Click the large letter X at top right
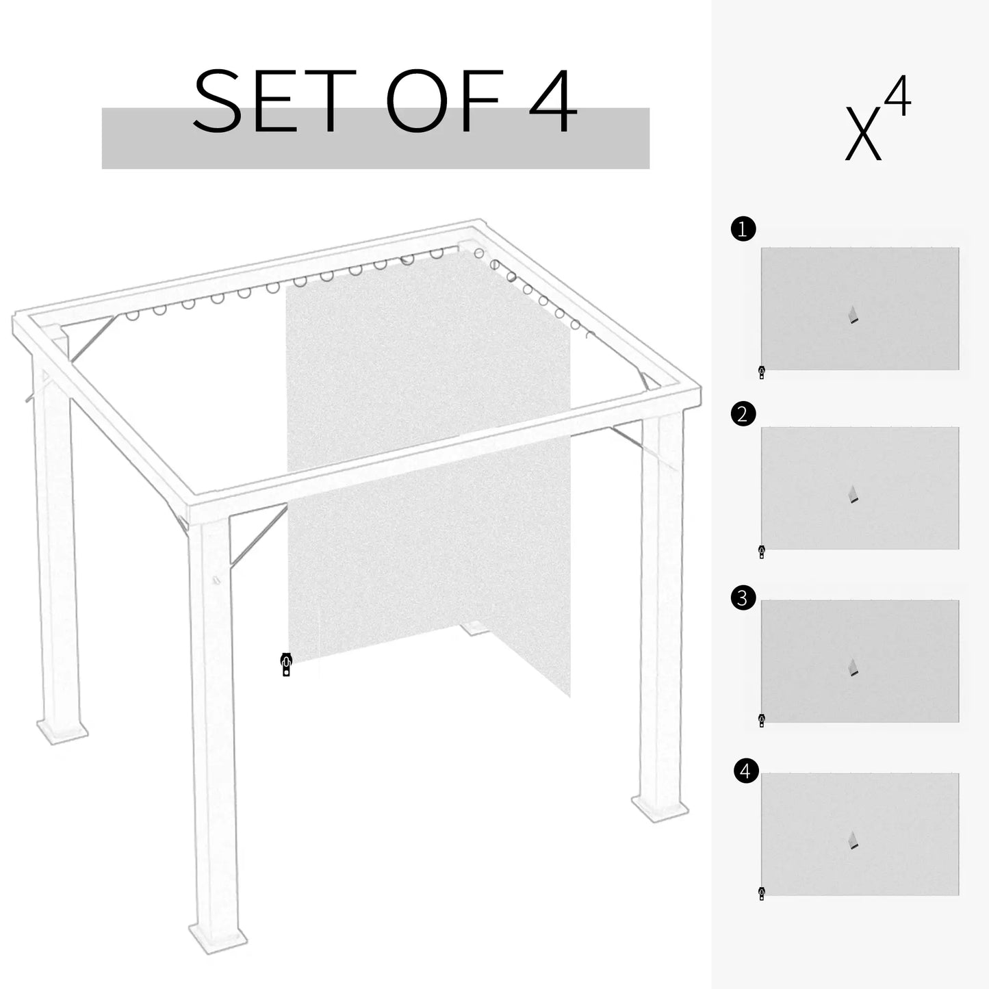(x=862, y=133)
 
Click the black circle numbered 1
(x=743, y=229)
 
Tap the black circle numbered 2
(x=743, y=414)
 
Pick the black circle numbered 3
(x=743, y=598)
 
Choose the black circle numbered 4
(x=745, y=771)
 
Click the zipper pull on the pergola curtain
(x=286, y=664)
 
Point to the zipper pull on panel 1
(x=762, y=372)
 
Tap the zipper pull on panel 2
(x=762, y=552)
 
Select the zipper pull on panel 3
(x=762, y=720)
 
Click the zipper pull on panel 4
(x=762, y=893)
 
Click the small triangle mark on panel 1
(x=853, y=315)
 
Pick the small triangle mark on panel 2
(x=853, y=495)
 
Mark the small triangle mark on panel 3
(x=853, y=667)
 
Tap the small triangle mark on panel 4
(x=853, y=840)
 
